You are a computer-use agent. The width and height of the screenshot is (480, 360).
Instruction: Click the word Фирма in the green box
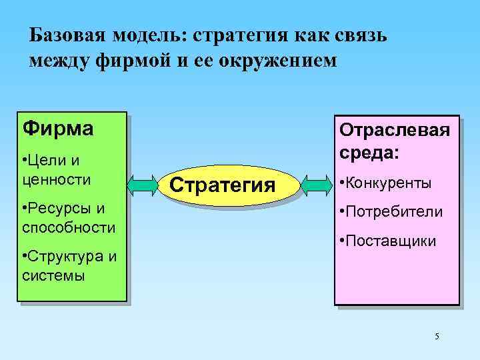(x=57, y=127)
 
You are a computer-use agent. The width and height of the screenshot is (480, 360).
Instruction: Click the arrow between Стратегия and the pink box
(x=316, y=183)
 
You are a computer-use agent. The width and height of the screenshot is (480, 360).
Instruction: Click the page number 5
(x=437, y=335)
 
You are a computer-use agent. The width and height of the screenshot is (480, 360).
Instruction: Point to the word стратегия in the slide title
(x=233, y=35)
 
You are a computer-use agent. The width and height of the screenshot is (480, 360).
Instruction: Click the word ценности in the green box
(x=57, y=179)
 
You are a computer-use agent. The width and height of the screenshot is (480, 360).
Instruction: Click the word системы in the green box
(x=53, y=275)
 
